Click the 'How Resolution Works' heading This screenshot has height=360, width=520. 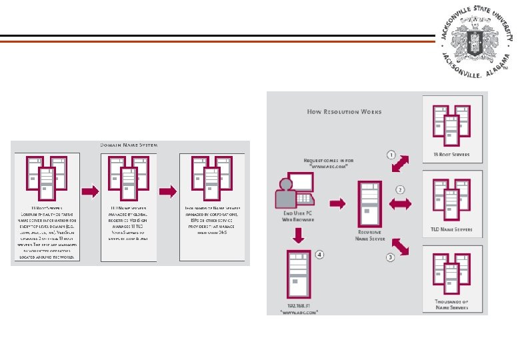tap(344, 112)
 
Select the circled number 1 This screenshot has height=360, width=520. tap(392, 155)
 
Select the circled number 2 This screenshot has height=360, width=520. tap(400, 189)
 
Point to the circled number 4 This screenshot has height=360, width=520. tap(319, 254)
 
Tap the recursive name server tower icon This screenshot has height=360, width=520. tap(367, 204)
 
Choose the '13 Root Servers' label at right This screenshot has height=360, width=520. tap(451, 154)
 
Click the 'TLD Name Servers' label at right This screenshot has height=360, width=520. tap(451, 229)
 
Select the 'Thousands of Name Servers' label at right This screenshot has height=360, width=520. tap(451, 305)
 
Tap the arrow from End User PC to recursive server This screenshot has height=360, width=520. tap(338, 203)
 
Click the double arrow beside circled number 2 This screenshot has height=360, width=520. tap(400, 203)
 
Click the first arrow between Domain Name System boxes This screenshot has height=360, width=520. tap(90, 191)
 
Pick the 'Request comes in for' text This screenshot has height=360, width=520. tap(328, 161)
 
